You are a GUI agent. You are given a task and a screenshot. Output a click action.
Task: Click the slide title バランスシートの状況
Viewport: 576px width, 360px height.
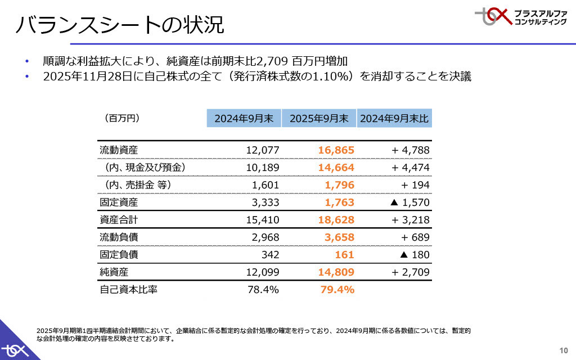point(119,25)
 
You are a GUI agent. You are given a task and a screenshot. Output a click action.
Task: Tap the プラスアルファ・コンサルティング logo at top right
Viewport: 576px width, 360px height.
point(521,17)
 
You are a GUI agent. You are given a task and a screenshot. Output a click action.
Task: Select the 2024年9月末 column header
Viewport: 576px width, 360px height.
point(244,119)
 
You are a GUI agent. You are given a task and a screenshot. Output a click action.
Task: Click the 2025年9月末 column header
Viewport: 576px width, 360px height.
point(319,119)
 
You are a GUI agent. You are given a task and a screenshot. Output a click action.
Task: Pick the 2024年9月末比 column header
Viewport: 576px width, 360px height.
point(394,119)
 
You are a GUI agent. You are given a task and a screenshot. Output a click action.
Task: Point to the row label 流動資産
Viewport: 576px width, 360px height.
point(119,150)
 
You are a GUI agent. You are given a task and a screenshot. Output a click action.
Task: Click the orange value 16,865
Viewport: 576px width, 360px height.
point(336,150)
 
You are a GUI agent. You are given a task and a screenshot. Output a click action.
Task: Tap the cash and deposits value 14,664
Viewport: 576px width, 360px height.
point(336,168)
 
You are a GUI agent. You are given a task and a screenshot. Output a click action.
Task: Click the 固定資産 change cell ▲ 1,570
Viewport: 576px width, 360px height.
point(410,202)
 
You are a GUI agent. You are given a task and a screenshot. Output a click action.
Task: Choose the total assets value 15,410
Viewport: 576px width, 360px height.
point(263,220)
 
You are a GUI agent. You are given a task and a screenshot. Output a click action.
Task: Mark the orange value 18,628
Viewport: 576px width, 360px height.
point(336,220)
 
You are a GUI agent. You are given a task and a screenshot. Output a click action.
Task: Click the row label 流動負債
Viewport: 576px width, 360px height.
point(119,237)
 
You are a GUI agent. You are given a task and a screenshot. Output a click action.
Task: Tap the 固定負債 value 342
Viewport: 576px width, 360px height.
point(270,255)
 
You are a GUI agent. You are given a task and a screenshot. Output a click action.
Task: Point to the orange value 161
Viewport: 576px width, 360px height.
point(345,255)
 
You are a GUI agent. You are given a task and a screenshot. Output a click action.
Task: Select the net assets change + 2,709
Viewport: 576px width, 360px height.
point(410,272)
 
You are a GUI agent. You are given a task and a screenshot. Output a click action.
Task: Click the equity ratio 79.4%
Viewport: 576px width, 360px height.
point(337,290)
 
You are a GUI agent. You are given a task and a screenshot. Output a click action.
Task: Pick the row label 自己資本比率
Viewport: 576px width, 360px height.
point(128,290)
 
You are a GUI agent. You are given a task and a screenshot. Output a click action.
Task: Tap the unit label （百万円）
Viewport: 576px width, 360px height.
point(121,119)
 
